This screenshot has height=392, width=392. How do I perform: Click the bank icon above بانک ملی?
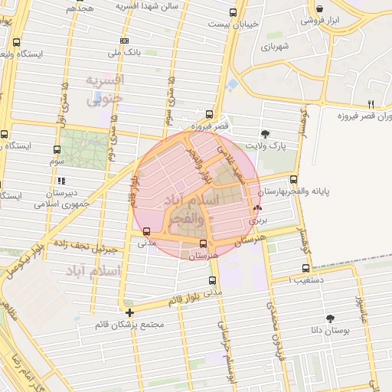click(x=126, y=39)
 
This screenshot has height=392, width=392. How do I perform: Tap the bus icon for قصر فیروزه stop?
click(x=211, y=112)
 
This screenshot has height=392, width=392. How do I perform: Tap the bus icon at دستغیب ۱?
click(x=306, y=268)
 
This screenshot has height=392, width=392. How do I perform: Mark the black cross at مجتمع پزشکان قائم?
click(x=130, y=312)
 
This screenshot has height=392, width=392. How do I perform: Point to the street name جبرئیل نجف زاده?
click(x=83, y=247)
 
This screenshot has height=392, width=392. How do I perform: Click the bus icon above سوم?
click(x=57, y=149)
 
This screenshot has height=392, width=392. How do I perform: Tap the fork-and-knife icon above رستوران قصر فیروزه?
click(x=371, y=104)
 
